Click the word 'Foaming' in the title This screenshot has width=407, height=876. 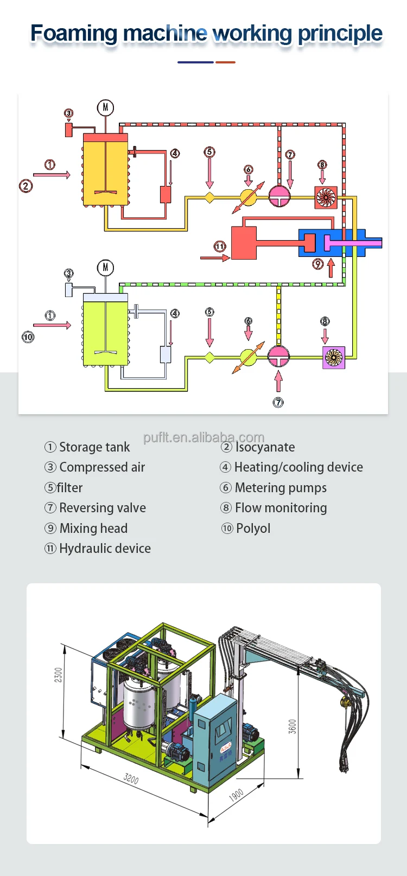coord(73,34)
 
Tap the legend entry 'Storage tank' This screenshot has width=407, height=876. coord(94,447)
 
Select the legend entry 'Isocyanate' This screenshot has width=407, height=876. coord(265,447)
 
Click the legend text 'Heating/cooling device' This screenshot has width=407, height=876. coord(298,467)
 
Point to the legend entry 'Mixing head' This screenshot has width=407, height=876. coord(93,529)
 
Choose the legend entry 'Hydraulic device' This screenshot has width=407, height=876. coord(105,549)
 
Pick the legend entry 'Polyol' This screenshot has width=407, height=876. coord(253,529)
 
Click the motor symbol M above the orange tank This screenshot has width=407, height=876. coord(105,107)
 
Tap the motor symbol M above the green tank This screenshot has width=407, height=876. coord(105,267)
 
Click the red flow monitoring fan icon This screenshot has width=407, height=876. coord(326,197)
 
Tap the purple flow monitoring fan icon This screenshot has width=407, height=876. coord(334,358)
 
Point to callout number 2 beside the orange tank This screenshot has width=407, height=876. coord(26,186)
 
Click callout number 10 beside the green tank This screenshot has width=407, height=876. coord(28,337)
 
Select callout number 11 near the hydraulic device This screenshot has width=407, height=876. coord(219,247)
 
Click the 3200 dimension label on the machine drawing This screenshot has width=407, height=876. coord(131,779)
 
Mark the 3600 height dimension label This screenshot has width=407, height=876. coord(292,726)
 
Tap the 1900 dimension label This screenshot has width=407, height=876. coord(236,795)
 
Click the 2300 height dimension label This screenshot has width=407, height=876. coord(59,675)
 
